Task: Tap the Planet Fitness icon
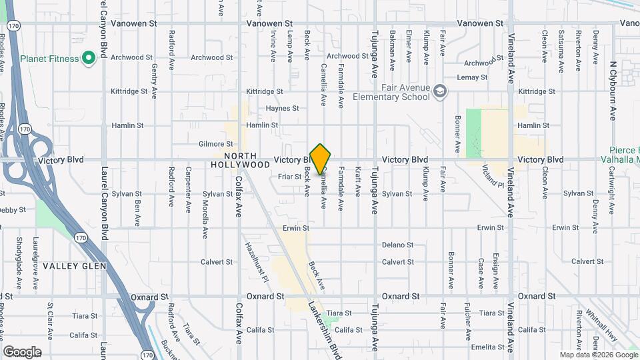click(88, 58)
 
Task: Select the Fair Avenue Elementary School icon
click(439, 91)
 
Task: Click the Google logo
click(22, 351)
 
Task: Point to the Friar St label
click(290, 177)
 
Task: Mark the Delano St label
click(398, 245)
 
